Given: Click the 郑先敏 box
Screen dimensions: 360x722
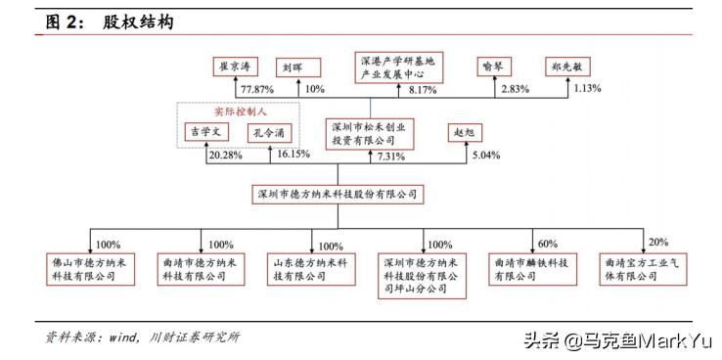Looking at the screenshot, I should click(x=569, y=67).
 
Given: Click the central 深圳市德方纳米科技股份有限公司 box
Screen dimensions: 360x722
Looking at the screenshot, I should click(x=338, y=195).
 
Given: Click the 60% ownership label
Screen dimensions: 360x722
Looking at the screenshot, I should click(x=547, y=244).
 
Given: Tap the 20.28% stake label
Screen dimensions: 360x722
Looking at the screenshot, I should click(x=225, y=155).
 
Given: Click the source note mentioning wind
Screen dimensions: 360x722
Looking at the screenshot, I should click(x=142, y=337).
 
